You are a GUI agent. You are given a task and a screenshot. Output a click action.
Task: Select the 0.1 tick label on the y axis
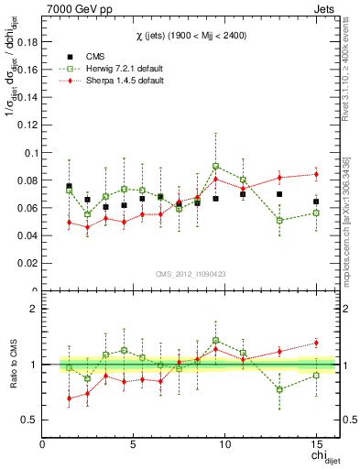[x=29, y=152]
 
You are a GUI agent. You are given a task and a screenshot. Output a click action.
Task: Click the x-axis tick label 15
[x=316, y=444]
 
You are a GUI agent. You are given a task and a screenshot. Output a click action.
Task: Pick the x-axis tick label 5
[x=134, y=444]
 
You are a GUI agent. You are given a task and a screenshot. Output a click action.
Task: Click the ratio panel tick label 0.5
[x=29, y=420]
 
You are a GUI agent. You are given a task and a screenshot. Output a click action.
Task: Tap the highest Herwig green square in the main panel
[x=215, y=166]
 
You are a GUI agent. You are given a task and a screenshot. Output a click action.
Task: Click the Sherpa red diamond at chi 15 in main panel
[x=316, y=174]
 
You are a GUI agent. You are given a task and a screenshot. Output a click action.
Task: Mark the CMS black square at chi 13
[x=279, y=194]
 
